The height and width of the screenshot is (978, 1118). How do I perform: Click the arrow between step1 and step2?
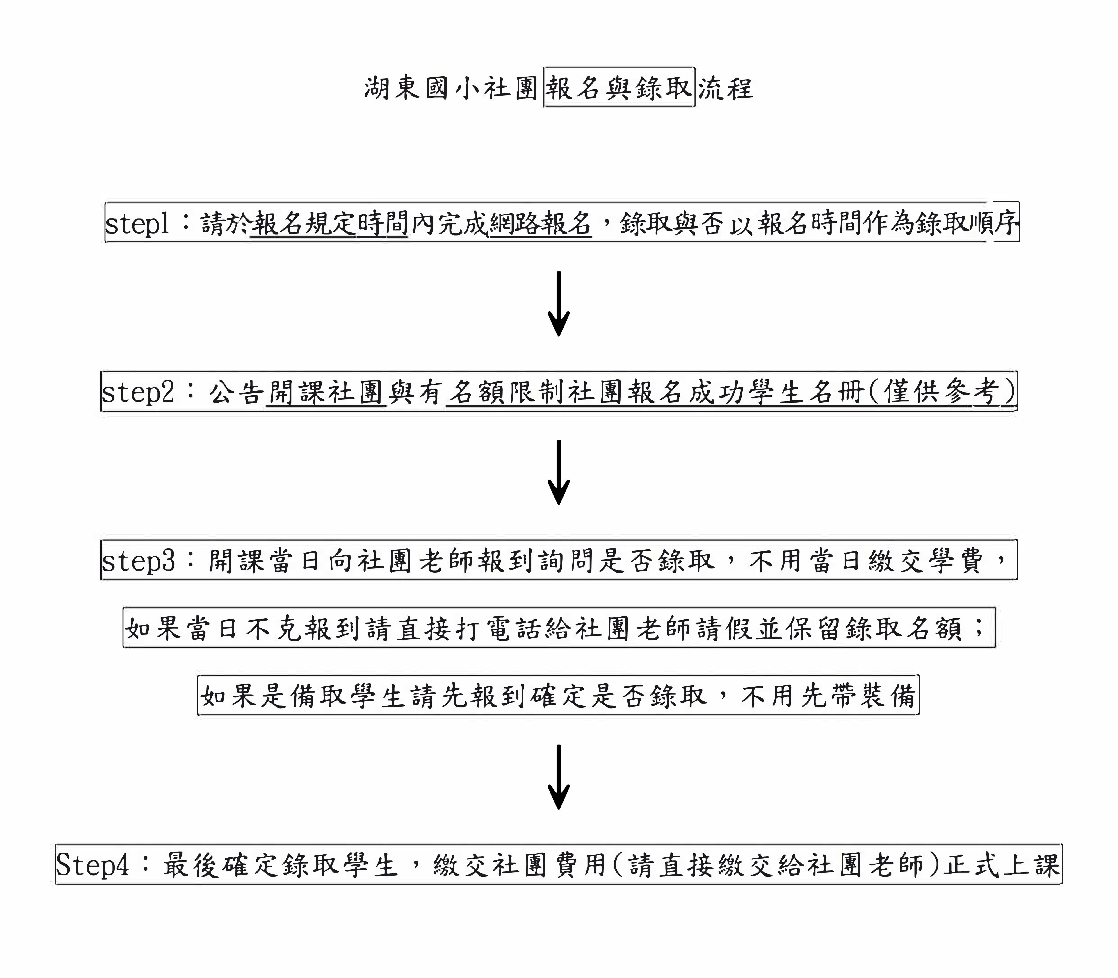click(559, 303)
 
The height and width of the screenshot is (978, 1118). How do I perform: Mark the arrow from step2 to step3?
click(559, 472)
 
